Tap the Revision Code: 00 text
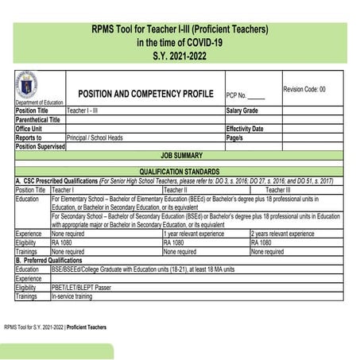point(304,89)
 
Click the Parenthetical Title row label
point(38,119)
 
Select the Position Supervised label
point(41,146)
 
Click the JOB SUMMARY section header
point(180,156)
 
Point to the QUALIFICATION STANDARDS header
point(180,172)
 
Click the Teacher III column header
point(278,190)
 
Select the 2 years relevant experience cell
point(282,234)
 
